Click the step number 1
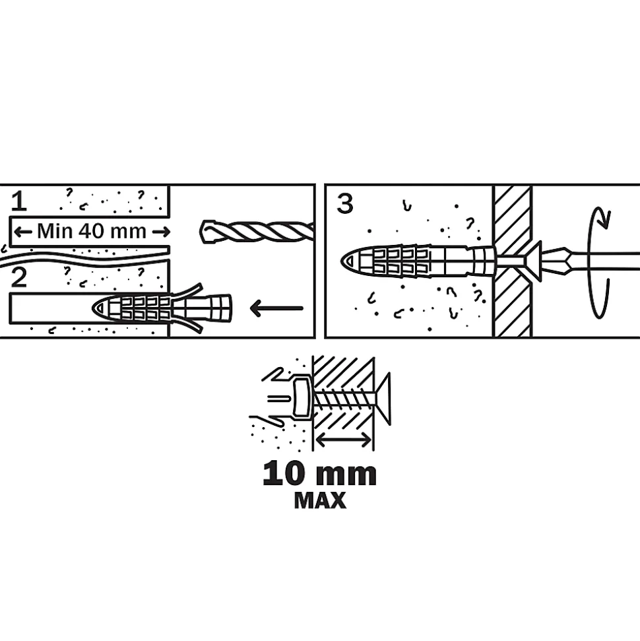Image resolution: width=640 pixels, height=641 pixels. (18, 201)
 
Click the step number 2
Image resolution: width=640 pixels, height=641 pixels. (19, 277)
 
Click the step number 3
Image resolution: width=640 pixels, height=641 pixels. (344, 204)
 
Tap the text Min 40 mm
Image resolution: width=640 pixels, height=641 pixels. (92, 232)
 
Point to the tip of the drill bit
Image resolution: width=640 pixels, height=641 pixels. (201, 232)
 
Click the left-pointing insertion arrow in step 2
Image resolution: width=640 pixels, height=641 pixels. (276, 308)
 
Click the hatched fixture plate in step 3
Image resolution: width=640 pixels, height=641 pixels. (513, 261)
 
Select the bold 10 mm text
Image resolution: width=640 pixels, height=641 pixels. (319, 474)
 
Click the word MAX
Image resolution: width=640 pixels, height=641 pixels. (320, 500)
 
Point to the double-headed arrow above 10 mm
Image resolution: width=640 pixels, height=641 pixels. (344, 440)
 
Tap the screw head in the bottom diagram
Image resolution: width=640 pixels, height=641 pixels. (383, 398)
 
